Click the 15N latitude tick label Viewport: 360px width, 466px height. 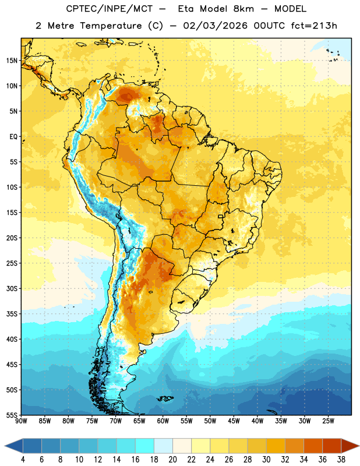pos(12,61)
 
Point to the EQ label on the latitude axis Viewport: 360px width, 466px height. pos(13,137)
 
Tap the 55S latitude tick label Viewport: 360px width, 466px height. pos(12,415)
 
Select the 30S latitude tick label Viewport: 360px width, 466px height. pos(12,288)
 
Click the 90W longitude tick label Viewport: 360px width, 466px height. pos(22,421)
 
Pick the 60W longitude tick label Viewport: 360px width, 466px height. pos(163,421)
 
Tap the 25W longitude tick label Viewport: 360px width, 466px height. pos(328,421)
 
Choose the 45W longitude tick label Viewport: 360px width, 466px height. pos(234,421)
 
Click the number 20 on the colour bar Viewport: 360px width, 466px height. pos(172,460)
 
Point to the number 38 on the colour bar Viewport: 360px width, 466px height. pos(341,460)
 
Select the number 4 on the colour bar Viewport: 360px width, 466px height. pos(23,460)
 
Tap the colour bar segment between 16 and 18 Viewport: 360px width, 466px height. pos(145,446)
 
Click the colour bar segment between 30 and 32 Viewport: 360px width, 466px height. pos(276,446)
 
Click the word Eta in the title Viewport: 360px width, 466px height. pos(186,9)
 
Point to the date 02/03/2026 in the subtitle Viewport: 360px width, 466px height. pos(215,26)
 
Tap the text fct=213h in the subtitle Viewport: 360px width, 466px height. pos(314,26)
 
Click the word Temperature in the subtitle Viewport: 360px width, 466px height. pos(111,26)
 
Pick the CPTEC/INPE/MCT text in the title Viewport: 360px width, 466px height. pos(109,9)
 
